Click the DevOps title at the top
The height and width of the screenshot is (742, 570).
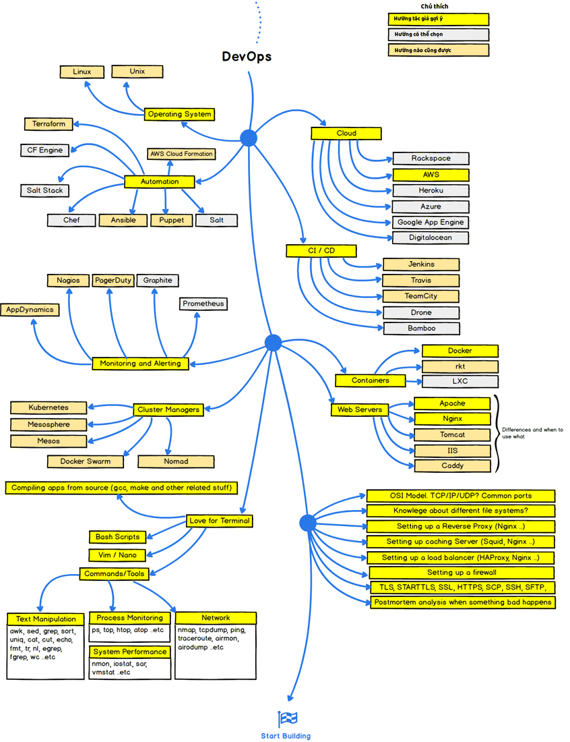coord(247,57)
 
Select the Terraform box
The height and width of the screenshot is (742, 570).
coord(48,124)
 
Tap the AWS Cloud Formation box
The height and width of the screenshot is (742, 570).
coord(181,154)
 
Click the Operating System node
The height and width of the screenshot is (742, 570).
coord(179,115)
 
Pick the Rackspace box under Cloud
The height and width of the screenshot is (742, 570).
coord(431,159)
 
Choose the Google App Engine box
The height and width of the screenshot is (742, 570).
coord(430,222)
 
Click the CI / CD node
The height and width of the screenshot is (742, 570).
coord(321,251)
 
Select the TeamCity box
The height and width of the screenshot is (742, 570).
coord(421,296)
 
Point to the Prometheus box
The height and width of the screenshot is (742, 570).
coord(203,304)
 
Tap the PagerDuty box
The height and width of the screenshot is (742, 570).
coord(113,281)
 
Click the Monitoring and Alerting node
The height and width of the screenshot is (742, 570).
coord(140,364)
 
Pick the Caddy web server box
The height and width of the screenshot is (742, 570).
coord(452,466)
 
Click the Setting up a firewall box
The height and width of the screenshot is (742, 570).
coord(462,573)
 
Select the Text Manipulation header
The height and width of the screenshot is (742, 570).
coord(46,619)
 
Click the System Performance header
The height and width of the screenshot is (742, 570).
coord(130,652)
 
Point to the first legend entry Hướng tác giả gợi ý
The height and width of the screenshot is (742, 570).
coord(439,20)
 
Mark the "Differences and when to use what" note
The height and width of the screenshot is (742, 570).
coord(532,433)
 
